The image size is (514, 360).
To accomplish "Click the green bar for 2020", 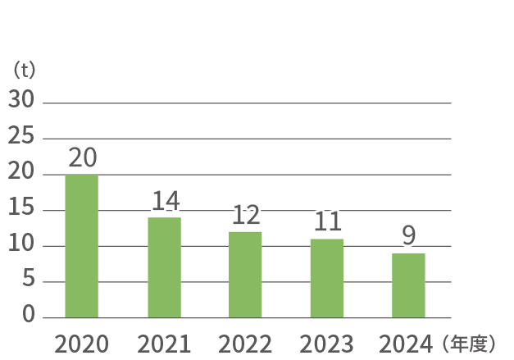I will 81,246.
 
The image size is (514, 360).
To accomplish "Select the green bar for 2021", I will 164,267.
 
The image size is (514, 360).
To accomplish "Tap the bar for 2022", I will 245,275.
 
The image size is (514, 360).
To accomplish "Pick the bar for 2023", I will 326,278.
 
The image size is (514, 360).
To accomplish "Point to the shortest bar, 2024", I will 408,285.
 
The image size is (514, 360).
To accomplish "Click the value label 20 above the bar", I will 82,157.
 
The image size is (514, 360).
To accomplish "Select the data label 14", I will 165,201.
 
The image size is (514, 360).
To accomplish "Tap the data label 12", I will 246,215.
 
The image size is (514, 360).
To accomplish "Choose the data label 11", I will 327,221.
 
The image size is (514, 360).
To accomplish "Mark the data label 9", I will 408,236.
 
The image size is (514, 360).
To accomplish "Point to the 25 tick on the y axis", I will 21,136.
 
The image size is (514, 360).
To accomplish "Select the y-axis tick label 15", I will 21,208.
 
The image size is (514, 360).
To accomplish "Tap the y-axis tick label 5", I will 28,280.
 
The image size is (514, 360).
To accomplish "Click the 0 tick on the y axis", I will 29,316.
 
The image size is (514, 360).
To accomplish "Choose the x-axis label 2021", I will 164,344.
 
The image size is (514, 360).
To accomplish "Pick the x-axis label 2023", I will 326,344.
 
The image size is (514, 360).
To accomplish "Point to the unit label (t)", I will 25,70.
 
